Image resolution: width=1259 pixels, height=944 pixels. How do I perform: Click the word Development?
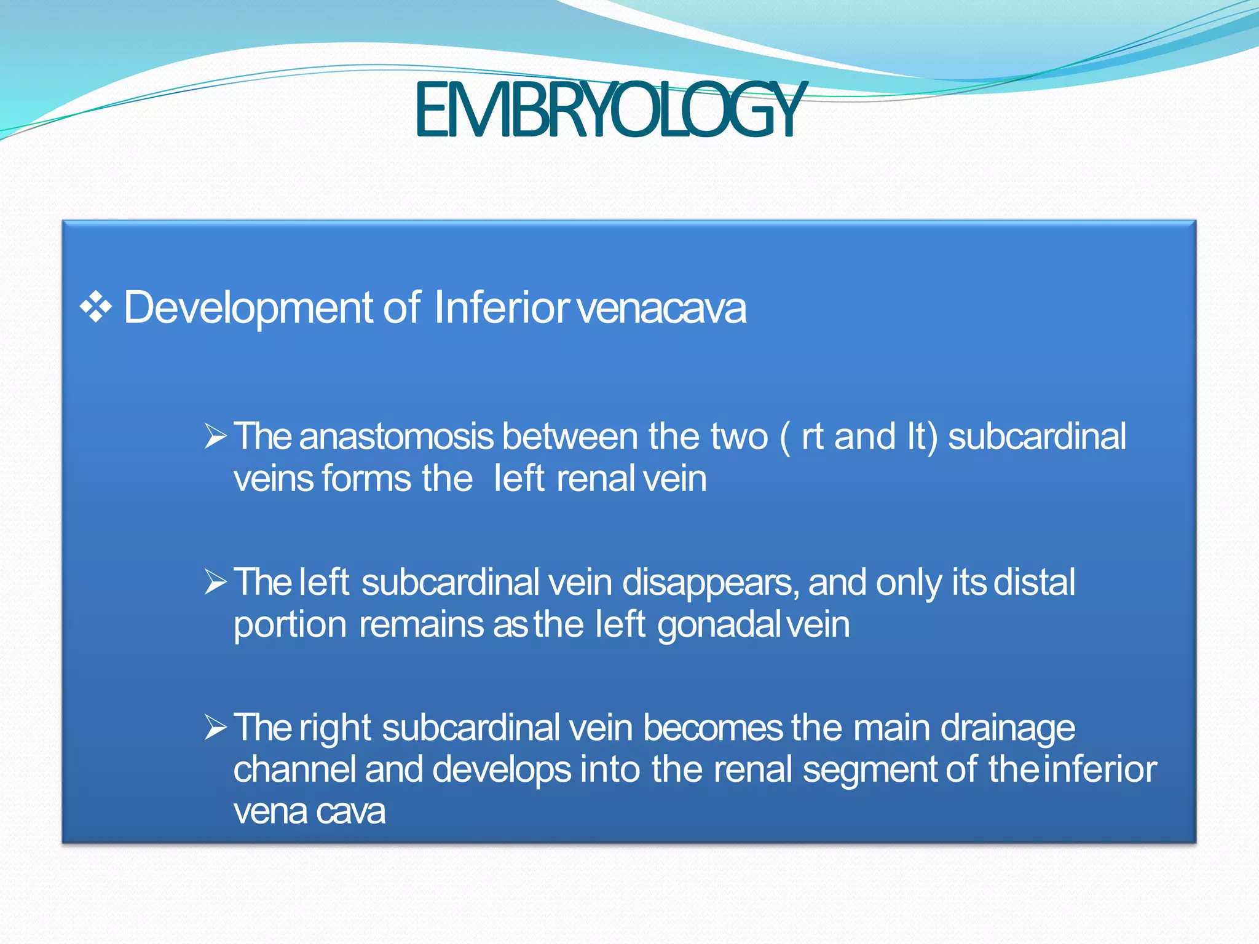point(248,307)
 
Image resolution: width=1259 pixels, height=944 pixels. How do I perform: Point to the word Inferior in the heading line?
point(502,307)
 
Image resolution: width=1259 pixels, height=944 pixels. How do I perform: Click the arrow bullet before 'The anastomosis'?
point(216,436)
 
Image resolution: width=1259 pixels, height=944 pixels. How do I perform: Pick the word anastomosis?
point(397,437)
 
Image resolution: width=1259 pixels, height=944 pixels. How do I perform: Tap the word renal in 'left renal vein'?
point(595,479)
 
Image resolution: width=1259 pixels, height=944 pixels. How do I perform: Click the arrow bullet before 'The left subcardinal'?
point(216,582)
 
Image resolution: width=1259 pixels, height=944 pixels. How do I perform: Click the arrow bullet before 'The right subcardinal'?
point(216,728)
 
